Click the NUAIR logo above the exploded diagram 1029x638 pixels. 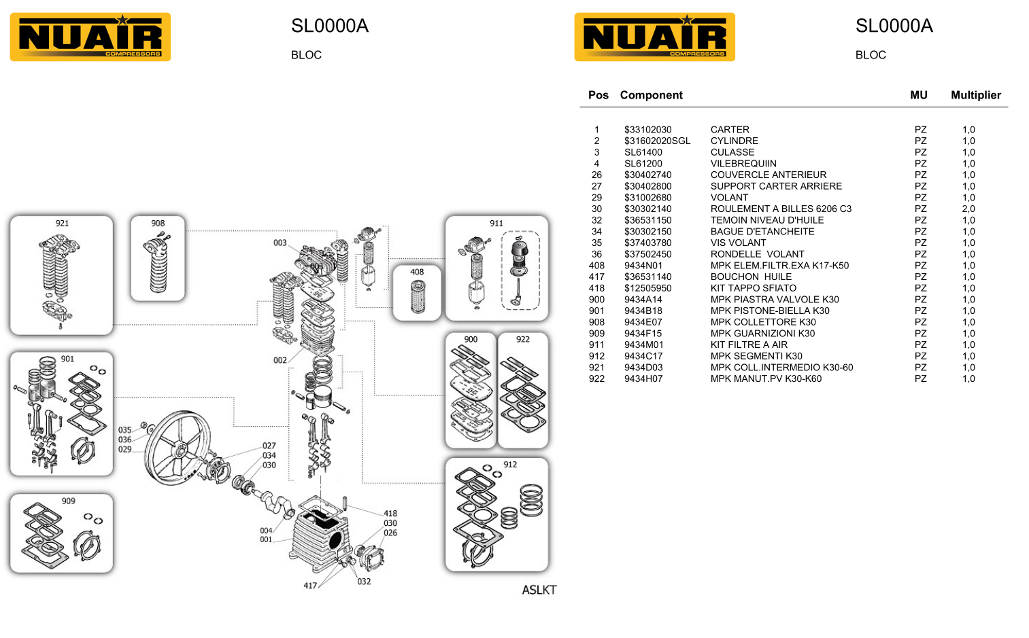tap(90, 37)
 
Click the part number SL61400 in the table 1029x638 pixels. tap(643, 152)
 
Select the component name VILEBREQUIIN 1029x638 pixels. tap(743, 164)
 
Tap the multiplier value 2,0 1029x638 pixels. tap(968, 209)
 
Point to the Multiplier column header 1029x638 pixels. tap(975, 95)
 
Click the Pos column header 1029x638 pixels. tap(598, 95)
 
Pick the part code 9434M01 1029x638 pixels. tap(643, 345)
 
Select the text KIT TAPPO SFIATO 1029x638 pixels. tap(753, 288)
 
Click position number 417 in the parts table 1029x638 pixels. tap(596, 277)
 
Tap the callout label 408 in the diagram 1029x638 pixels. tap(417, 272)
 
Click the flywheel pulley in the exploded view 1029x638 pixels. tap(177, 448)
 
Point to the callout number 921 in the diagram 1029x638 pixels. tap(62, 223)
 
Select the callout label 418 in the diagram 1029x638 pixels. tap(390, 514)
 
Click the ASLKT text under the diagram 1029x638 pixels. tap(539, 590)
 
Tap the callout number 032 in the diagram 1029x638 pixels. tap(364, 582)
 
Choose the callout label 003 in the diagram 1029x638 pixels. tap(280, 243)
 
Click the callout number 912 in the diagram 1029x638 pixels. tap(510, 465)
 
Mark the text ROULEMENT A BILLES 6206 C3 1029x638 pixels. tap(781, 209)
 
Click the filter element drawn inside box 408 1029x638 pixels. tap(418, 298)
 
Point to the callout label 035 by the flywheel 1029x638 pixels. tap(125, 430)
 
